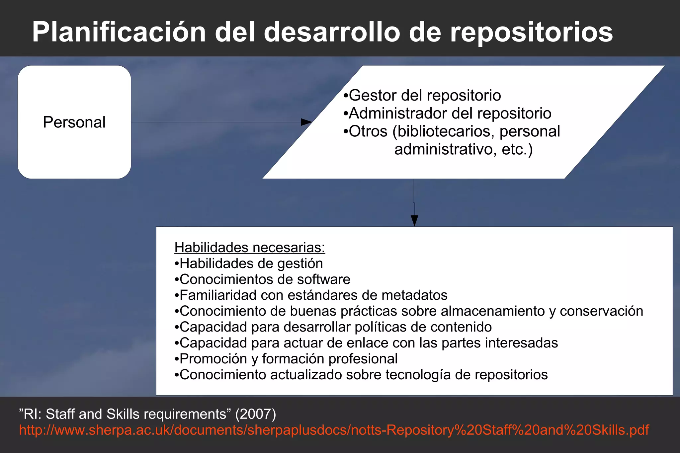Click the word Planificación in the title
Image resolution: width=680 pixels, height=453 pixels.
coord(119,32)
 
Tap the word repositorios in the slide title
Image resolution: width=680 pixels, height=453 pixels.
coord(531,32)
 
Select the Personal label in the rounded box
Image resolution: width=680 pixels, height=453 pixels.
coord(74,122)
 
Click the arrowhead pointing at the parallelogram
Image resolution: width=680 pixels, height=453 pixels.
coord(306,122)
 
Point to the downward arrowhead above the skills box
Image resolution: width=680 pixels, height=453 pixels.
coord(414,220)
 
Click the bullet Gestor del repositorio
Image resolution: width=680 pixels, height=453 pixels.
coord(422,95)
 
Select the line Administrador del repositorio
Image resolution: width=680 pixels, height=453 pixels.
coord(447,113)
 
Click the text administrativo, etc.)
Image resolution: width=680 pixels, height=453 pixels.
coord(464,149)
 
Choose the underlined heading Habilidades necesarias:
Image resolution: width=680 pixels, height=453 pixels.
coord(250,248)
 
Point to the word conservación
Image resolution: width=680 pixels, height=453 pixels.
coord(601,311)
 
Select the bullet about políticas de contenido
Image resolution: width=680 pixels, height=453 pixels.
coord(333,327)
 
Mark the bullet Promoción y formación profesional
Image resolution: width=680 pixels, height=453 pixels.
coord(286,359)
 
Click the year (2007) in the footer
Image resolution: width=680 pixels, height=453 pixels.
coord(255,414)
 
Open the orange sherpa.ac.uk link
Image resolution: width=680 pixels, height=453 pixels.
coord(334,430)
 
